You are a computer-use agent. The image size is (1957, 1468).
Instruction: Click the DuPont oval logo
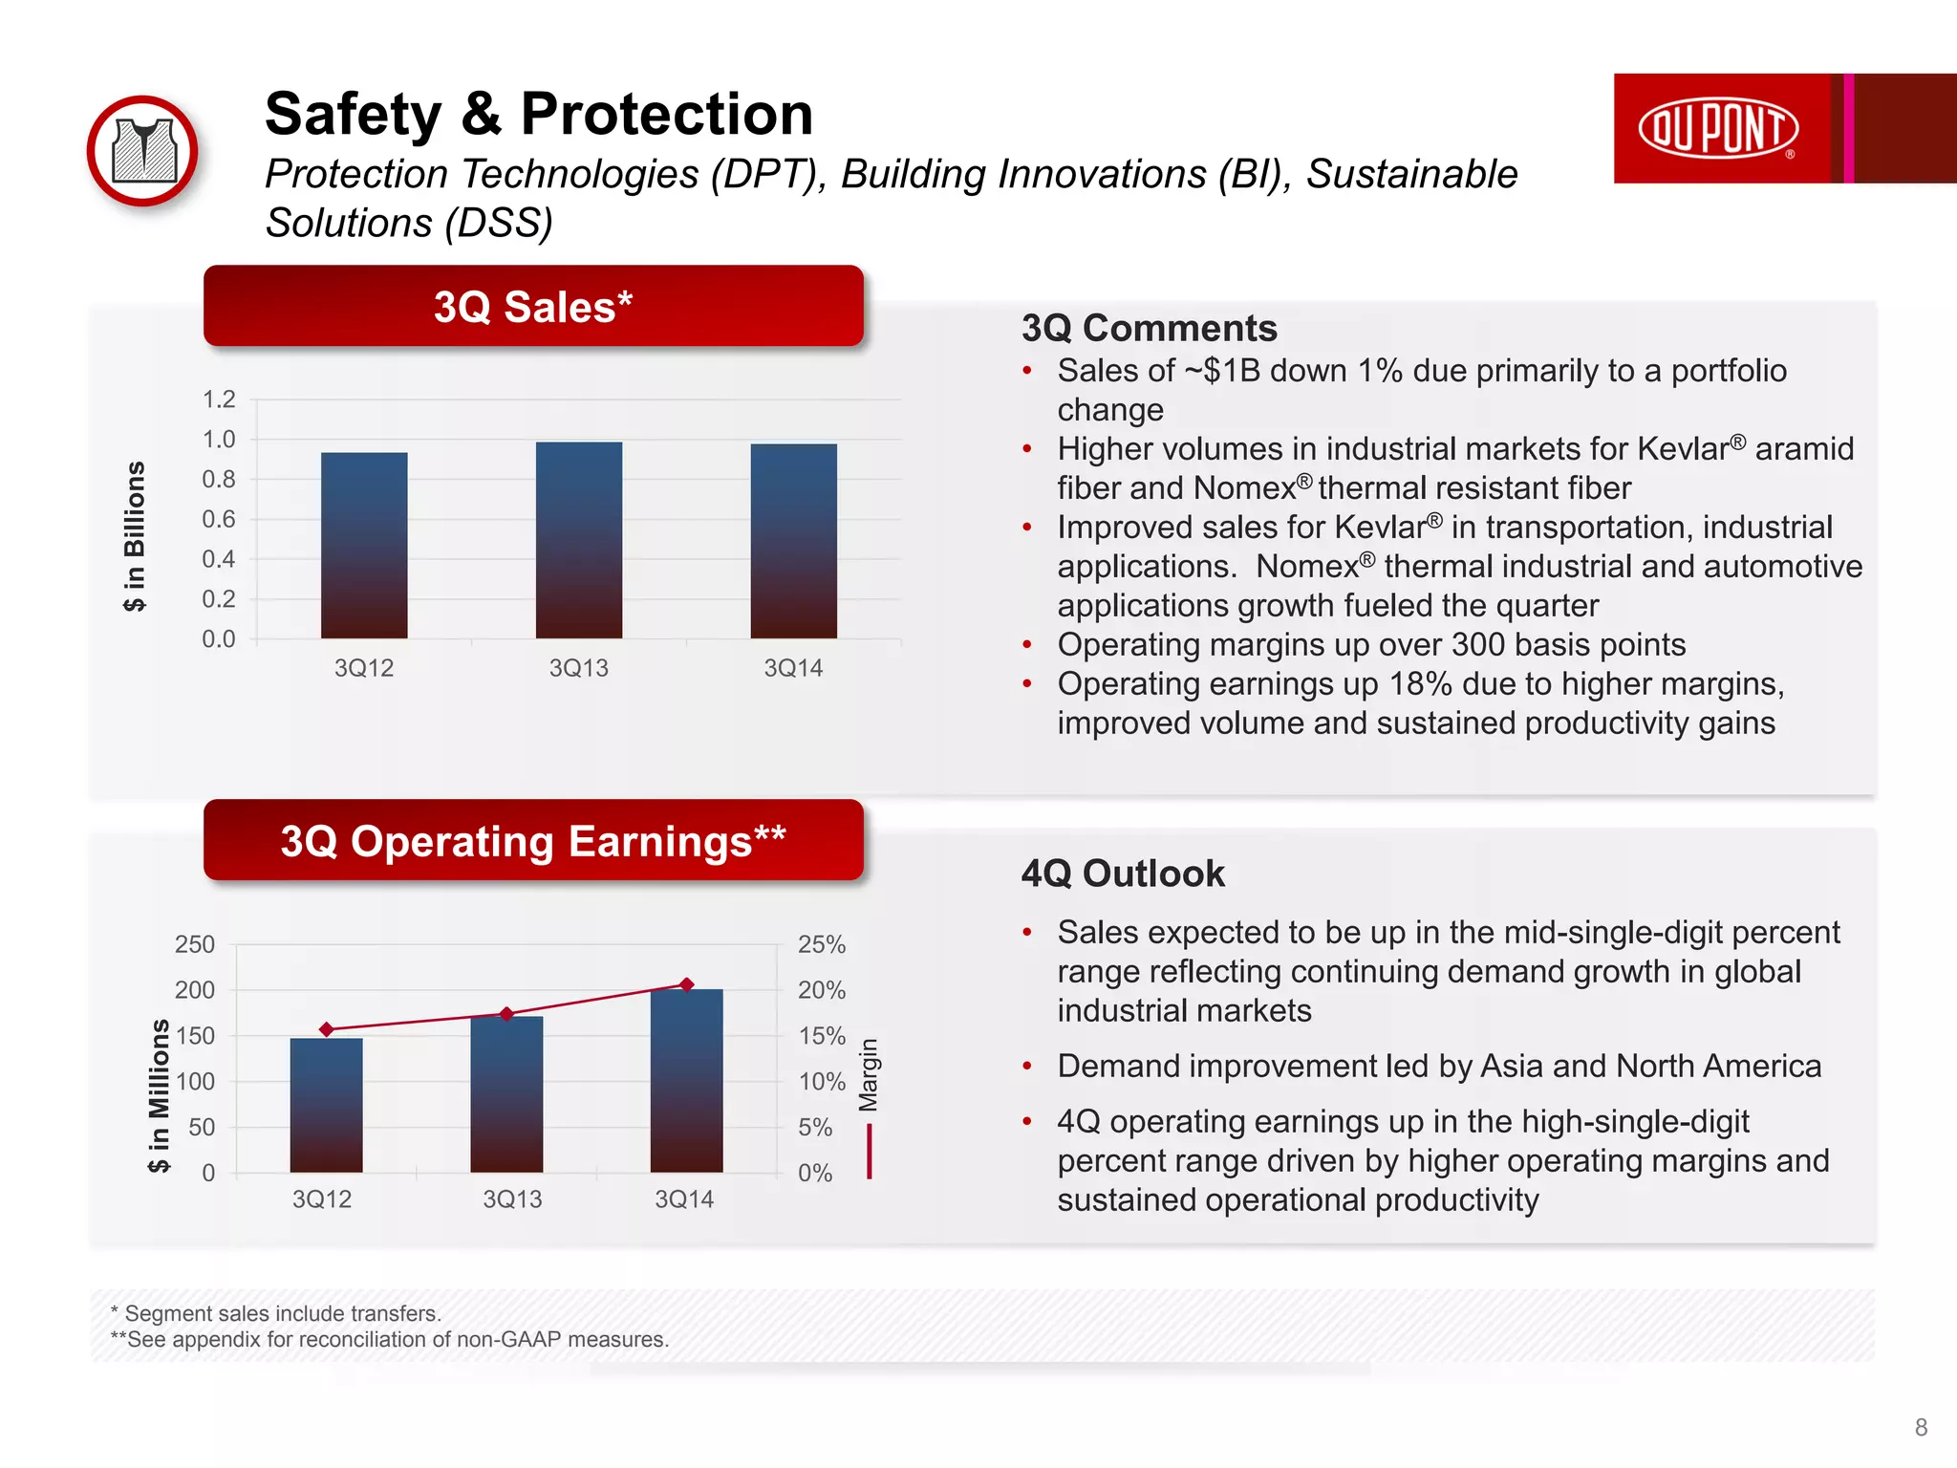pos(1717,128)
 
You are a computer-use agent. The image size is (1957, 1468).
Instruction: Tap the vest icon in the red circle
pos(143,151)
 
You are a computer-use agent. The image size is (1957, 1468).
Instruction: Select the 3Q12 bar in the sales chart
pos(364,545)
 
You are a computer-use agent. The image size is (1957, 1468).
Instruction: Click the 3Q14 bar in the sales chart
pos(793,541)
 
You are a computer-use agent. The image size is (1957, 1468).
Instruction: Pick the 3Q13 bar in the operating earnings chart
pos(506,1093)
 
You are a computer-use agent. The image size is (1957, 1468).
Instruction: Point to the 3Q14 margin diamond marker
pos(686,984)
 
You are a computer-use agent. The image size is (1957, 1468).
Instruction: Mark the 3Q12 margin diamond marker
pos(327,1029)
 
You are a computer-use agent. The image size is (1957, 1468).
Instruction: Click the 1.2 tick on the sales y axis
pos(219,399)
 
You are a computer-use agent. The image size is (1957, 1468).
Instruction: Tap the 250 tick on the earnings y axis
pos(195,944)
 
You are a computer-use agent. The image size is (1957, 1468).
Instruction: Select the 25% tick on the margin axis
pos(822,944)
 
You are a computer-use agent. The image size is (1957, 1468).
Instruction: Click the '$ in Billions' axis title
pos(135,536)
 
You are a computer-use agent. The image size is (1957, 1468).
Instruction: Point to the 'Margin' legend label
pos(868,1075)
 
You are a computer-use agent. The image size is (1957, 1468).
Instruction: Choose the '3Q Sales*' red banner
pos(533,307)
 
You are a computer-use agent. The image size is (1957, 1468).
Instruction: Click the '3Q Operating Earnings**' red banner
pos(533,841)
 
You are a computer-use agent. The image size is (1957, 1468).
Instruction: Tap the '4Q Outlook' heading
pos(1123,874)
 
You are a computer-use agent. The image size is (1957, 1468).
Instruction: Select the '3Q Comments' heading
pos(1149,328)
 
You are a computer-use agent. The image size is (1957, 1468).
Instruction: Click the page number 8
pos(1921,1427)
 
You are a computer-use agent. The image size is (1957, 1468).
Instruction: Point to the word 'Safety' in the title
pos(354,115)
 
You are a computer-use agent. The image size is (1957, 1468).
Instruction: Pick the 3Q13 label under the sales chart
pos(578,668)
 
